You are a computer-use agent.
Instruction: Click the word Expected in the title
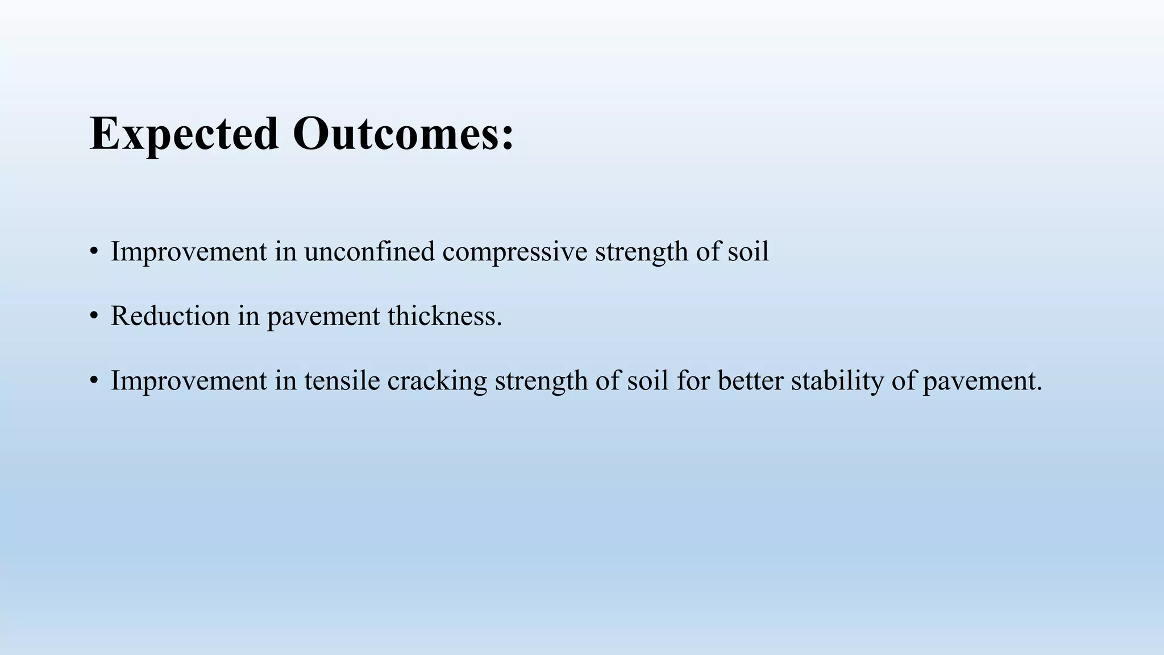pyautogui.click(x=184, y=134)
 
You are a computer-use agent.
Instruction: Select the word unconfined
pyautogui.click(x=369, y=251)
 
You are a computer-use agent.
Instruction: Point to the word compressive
pyautogui.click(x=514, y=252)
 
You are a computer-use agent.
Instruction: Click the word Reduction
pyautogui.click(x=170, y=316)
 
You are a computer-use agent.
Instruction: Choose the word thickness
pyautogui.click(x=444, y=316)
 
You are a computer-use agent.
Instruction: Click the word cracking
pyautogui.click(x=437, y=380)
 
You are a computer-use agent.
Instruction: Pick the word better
pyautogui.click(x=750, y=380)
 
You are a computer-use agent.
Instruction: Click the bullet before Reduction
pyautogui.click(x=94, y=317)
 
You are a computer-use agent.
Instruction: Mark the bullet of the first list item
pyautogui.click(x=94, y=252)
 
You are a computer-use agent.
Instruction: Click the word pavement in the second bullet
pyautogui.click(x=323, y=317)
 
